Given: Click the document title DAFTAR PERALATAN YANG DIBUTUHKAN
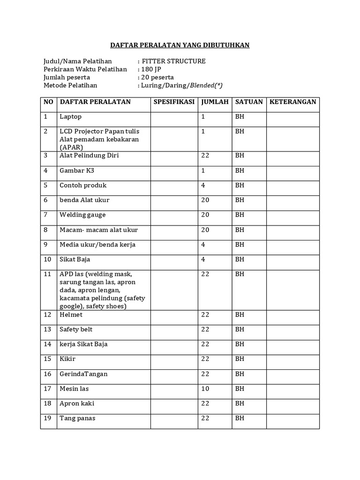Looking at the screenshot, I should (180, 45).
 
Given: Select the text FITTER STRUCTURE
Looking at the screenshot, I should (173, 61).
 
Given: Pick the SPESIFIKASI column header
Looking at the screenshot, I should (174, 102).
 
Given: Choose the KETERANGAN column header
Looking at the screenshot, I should (293, 102).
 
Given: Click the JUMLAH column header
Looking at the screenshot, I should (215, 102).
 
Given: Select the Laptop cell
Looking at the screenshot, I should (70, 117).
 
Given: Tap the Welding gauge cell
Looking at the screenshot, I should (82, 215).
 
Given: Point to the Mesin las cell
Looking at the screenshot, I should (74, 389).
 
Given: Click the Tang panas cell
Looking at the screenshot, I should (77, 418).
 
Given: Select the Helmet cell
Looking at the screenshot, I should (71, 315).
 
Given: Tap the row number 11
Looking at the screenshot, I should (47, 274).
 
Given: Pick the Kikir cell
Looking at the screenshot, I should (67, 359).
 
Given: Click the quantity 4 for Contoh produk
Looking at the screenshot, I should (203, 185).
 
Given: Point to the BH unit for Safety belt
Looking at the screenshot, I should (240, 330).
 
